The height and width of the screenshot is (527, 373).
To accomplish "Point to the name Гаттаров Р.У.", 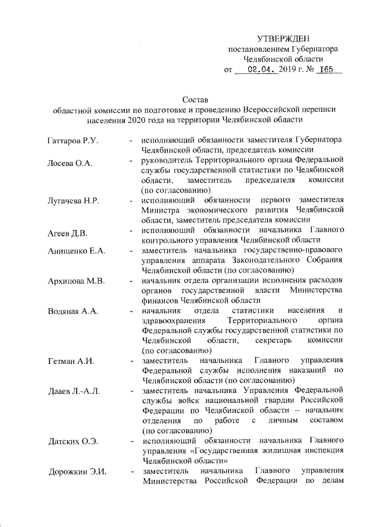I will tap(74, 141).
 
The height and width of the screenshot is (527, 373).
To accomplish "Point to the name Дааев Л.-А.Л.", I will tap(75, 390).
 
